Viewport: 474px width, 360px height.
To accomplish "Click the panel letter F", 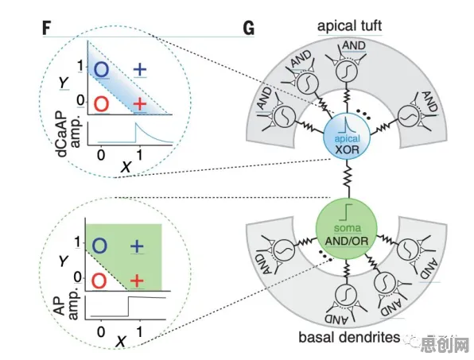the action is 46,29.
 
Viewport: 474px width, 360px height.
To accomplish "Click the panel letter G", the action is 248,29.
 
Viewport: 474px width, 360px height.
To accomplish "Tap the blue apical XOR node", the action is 347,136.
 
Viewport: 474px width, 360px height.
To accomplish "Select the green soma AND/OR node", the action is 347,229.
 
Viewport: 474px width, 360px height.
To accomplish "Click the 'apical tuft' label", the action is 349,26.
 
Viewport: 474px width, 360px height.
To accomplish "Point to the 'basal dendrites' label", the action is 349,337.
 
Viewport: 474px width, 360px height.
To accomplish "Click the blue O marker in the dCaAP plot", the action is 101,69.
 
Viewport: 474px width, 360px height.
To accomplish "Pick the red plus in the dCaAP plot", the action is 140,104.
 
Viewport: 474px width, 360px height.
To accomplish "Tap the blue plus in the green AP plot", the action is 137,246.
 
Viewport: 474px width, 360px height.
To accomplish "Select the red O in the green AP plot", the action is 99,281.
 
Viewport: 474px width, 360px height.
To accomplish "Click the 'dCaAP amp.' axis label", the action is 68,134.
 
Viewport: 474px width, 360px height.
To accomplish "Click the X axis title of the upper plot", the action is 126,167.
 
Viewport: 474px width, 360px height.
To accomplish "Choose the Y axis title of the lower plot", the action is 64,261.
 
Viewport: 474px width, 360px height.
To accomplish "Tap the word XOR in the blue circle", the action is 347,149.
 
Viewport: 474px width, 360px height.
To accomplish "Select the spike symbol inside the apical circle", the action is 346,125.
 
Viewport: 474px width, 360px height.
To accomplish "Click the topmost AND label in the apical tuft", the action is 354,45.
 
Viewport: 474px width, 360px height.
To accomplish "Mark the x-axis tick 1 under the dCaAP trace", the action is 139,155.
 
